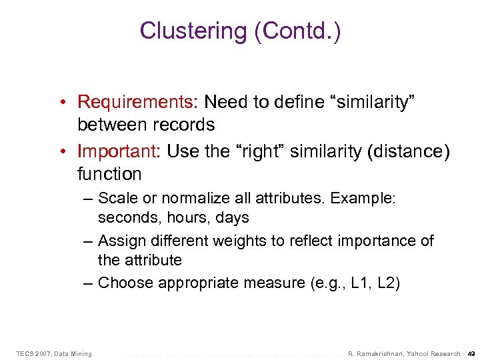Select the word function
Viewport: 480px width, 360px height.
coord(109,175)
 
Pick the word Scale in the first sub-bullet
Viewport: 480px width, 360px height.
coord(117,199)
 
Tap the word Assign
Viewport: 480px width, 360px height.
coord(120,241)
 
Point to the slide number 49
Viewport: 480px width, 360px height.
coord(471,353)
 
